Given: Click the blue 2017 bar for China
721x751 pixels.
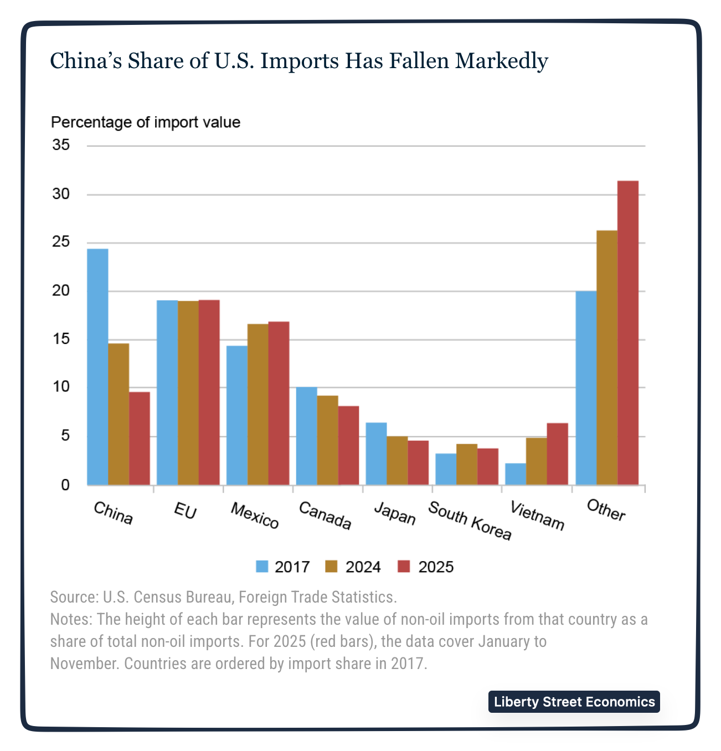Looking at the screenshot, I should (97, 367).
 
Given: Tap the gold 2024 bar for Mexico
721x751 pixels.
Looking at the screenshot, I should (258, 404).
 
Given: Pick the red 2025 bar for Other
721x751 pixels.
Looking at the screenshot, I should (628, 333).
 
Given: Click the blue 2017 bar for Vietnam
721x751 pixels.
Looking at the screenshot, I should (516, 474).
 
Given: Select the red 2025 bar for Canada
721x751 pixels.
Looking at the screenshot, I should (348, 445).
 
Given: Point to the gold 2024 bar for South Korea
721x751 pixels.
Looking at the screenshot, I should (467, 464).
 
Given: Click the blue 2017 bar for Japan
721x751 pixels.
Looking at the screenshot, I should (377, 454).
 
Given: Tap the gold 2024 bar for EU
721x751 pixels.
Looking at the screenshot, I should (188, 393).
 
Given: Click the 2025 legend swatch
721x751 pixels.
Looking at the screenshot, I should (404, 567).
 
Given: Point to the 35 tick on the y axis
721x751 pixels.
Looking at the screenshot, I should (61, 146).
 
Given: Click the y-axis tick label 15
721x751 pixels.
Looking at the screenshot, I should (61, 339).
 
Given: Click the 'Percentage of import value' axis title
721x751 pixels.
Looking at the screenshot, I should (146, 122).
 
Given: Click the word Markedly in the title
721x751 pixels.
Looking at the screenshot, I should (502, 60).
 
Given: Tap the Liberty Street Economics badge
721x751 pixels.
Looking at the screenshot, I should (574, 702).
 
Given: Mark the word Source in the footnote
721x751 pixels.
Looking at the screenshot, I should (73, 597).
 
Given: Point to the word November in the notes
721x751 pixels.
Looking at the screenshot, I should (83, 663).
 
